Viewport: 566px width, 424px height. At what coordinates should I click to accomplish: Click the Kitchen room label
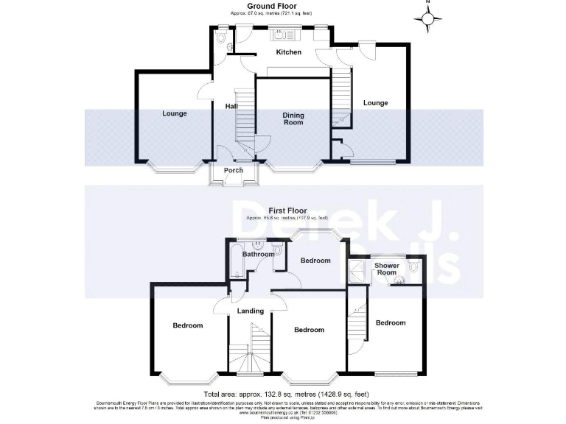[x=288, y=52]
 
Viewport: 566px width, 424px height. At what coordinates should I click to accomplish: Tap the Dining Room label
[x=293, y=119]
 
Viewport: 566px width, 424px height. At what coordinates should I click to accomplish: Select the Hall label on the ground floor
[x=231, y=106]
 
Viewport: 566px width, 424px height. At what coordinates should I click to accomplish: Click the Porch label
[x=234, y=171]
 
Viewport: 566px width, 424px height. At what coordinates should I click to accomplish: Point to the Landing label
[x=250, y=311]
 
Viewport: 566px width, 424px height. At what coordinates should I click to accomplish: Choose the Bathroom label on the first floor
[x=259, y=255]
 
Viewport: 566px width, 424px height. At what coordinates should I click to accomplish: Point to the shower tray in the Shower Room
[x=357, y=272]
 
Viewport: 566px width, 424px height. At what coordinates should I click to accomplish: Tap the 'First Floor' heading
[x=287, y=211]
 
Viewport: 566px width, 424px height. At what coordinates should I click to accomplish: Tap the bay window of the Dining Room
[x=293, y=166]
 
